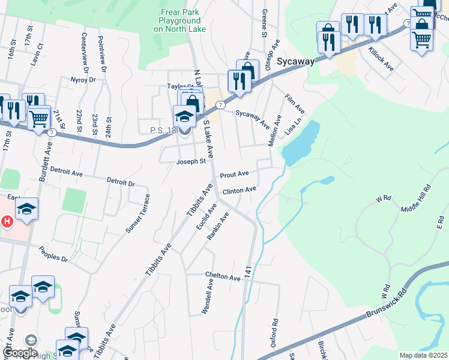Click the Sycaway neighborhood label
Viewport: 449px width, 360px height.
coord(297,61)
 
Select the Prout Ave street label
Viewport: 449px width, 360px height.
coord(234,175)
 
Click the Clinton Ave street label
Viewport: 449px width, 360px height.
coord(240,191)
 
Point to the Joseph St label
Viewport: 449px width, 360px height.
coord(191,161)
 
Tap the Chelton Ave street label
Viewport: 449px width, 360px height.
coord(223,276)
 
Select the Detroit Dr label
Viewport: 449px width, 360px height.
coord(121,181)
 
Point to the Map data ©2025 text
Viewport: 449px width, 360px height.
coord(423,355)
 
